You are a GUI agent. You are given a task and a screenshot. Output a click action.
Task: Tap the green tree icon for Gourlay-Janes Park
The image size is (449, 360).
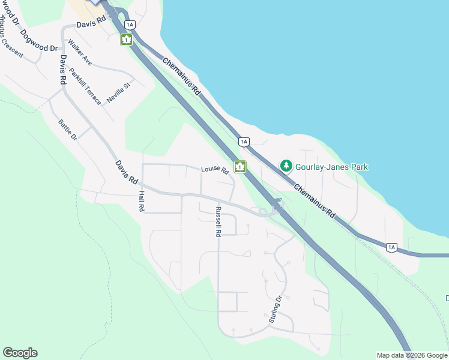pos(287,166)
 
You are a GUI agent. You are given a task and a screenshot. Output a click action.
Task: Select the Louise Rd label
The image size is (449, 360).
pos(215,170)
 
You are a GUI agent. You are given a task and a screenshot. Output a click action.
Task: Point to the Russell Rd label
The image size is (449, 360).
pos(218,221)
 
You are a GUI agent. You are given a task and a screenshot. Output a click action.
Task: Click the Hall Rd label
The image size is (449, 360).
pos(142,201)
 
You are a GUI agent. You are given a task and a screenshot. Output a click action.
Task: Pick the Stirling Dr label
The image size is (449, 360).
pos(275,310)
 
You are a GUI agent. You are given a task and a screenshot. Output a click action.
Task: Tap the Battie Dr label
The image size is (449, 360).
pos(68,130)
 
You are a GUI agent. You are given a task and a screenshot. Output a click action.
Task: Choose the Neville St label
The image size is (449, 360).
pos(118,93)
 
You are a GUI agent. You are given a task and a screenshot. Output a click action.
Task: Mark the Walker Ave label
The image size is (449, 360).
pos(80,52)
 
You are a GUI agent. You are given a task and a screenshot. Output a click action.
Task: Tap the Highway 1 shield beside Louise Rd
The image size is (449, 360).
pos(240,167)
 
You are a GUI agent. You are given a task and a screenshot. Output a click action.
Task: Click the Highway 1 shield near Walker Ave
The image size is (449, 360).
pos(127,40)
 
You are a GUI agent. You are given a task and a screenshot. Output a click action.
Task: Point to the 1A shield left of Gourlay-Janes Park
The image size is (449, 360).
pos(243,142)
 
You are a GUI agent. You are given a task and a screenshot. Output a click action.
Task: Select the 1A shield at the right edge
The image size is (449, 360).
pos(391,247)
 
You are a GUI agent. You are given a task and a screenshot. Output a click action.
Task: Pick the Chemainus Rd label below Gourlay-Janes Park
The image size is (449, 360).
pos(314,200)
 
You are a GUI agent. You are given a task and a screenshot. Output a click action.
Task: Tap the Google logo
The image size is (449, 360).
pos(20,353)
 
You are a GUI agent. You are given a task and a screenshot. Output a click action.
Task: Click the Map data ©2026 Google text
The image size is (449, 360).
pos(412,355)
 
